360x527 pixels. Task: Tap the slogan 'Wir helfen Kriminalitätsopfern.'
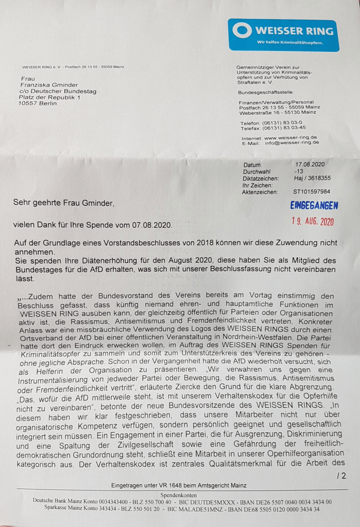click(290, 42)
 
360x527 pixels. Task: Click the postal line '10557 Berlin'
click(38, 103)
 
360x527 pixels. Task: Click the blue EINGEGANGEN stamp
click(314, 205)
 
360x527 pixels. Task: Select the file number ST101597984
click(312, 191)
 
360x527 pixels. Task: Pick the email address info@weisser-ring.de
click(292, 143)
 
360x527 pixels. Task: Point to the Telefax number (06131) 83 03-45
click(284, 128)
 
